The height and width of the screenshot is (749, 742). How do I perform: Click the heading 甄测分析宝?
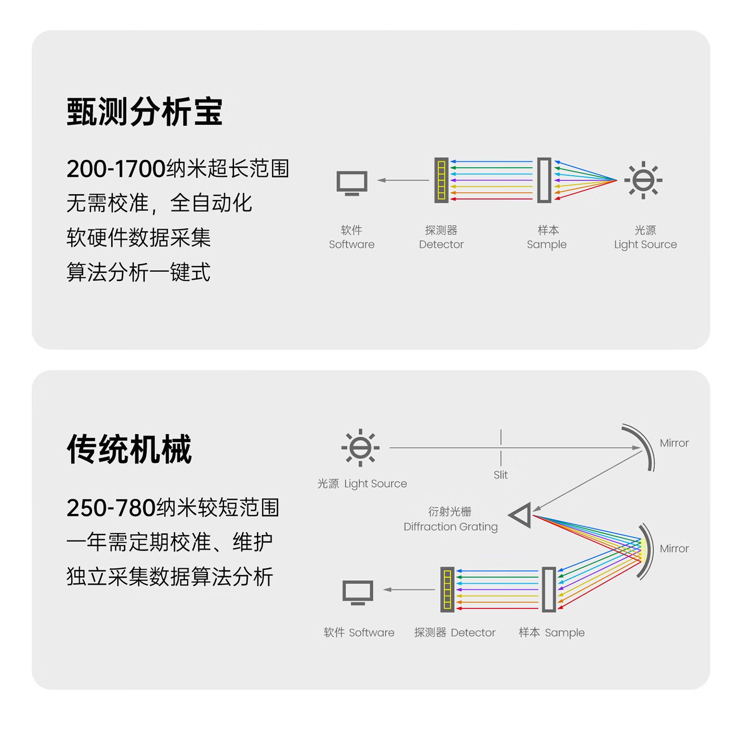coord(144,112)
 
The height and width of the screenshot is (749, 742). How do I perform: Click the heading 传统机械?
coord(129,449)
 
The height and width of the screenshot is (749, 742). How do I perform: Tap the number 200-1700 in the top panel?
coord(116,169)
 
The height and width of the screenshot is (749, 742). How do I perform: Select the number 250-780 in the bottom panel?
coord(111,508)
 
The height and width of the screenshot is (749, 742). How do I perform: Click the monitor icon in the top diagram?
coord(352,183)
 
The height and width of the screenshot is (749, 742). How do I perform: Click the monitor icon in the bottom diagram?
coord(358,592)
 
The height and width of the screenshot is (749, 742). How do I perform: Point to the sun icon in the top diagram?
coord(643,180)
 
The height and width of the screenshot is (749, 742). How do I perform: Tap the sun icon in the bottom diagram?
coord(360,448)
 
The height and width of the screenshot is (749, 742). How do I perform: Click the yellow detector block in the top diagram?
coord(441,180)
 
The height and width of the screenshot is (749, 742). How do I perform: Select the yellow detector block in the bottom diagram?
coord(447,590)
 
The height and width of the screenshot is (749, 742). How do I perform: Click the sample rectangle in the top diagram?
coord(544,180)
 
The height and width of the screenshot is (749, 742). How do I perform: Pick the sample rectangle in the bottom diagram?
coord(549,590)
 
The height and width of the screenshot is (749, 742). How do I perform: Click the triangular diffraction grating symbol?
coord(521,515)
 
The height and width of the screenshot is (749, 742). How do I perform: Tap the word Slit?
coord(501,475)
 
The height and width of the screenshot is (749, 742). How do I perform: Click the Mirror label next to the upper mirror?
coord(674,443)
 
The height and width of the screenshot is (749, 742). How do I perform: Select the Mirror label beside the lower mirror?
coord(674,549)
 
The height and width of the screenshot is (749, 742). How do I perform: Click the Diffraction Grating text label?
coord(450,527)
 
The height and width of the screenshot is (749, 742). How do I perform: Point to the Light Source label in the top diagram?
coord(645,244)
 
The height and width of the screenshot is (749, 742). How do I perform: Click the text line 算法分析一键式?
coord(139,272)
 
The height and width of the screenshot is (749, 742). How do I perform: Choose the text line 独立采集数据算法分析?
coord(170,577)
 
